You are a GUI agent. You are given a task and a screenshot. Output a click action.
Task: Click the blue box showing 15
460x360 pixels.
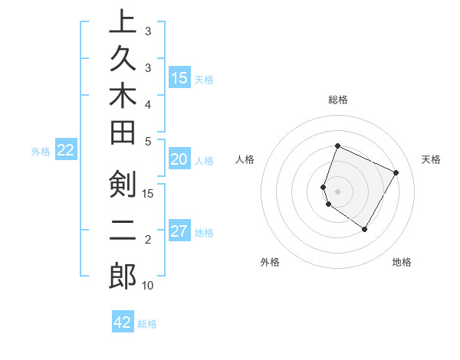click(x=179, y=78)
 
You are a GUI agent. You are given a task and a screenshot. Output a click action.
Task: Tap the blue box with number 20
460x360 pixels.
click(x=179, y=160)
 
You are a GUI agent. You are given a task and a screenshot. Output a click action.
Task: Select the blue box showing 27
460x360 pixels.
click(x=179, y=232)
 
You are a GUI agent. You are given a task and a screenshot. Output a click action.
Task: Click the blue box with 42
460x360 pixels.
click(x=123, y=322)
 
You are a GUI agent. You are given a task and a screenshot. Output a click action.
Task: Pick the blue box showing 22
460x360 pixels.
click(x=66, y=151)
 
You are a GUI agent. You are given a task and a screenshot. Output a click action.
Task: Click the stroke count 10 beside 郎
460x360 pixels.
click(x=148, y=286)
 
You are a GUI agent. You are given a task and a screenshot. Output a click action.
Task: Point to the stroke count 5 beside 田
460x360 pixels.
click(x=148, y=141)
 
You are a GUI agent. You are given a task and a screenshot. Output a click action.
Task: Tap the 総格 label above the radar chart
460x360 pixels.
click(x=337, y=100)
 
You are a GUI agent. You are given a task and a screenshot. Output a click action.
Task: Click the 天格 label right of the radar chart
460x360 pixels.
click(x=431, y=159)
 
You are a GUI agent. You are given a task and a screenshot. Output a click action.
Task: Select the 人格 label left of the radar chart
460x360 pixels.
click(x=245, y=159)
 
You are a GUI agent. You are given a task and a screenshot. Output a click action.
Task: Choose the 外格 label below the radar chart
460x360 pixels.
click(x=270, y=262)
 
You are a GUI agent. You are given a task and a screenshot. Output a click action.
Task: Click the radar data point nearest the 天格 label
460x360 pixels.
click(x=396, y=173)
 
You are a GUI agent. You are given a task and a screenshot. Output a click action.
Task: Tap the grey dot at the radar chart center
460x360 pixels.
click(x=337, y=191)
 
